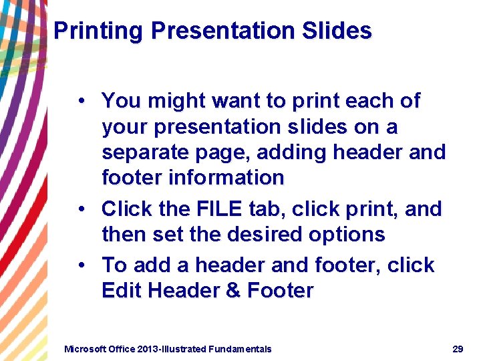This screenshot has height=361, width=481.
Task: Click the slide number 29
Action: (x=458, y=348)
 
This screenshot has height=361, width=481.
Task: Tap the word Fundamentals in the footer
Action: (x=240, y=348)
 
